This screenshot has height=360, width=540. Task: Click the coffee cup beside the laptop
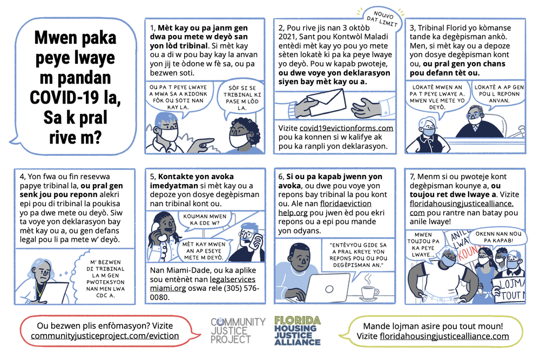[369, 292]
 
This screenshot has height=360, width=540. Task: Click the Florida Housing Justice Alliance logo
[297, 330]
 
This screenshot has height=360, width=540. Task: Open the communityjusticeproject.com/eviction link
[105, 336]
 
